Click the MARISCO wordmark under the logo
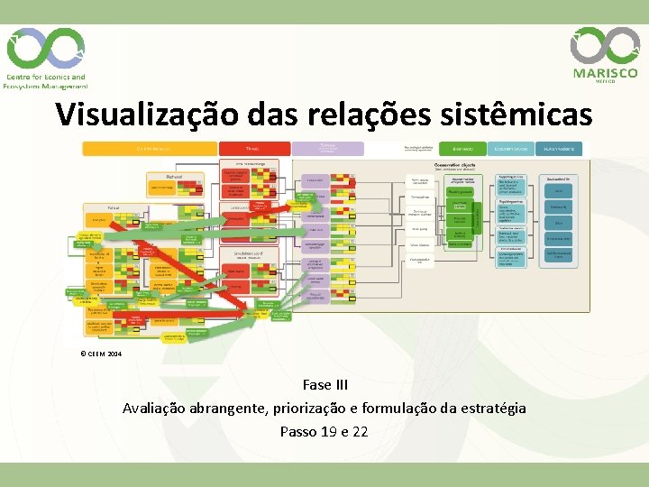tap(605, 73)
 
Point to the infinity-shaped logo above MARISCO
tap(605, 44)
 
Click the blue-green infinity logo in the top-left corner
tap(45, 48)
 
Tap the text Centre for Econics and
tap(46, 78)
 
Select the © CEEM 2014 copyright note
tap(101, 354)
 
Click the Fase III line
tap(324, 385)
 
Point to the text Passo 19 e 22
tap(324, 431)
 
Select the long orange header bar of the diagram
tap(150, 149)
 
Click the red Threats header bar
tap(255, 149)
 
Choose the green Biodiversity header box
tap(463, 149)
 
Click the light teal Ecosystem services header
tap(510, 149)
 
